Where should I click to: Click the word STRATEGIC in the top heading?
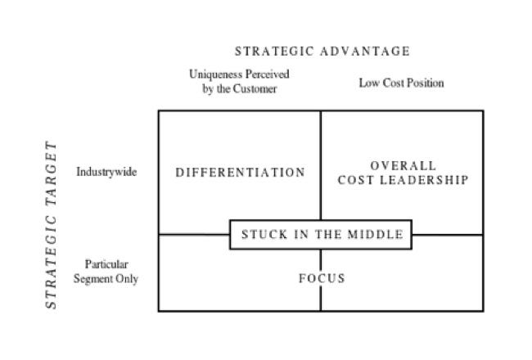tap(274, 52)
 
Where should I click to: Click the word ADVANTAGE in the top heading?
tap(365, 52)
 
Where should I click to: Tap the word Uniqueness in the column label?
tap(215, 74)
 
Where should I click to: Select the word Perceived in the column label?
tap(268, 74)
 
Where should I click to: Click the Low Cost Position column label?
tap(401, 83)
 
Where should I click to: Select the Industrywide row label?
tap(106, 172)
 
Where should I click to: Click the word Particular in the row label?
tap(106, 264)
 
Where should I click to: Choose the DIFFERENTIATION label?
tap(240, 173)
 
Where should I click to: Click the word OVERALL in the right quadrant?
tap(403, 166)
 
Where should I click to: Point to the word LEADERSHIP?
tap(424, 180)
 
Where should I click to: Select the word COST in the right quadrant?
tap(356, 180)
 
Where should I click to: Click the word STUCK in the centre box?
tap(264, 235)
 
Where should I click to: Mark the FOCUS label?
tap(322, 278)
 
